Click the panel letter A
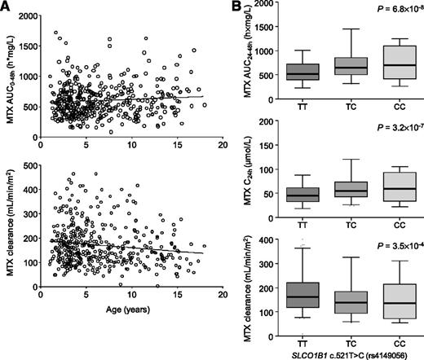point(7,7)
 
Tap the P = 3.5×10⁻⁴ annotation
point(383,244)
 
